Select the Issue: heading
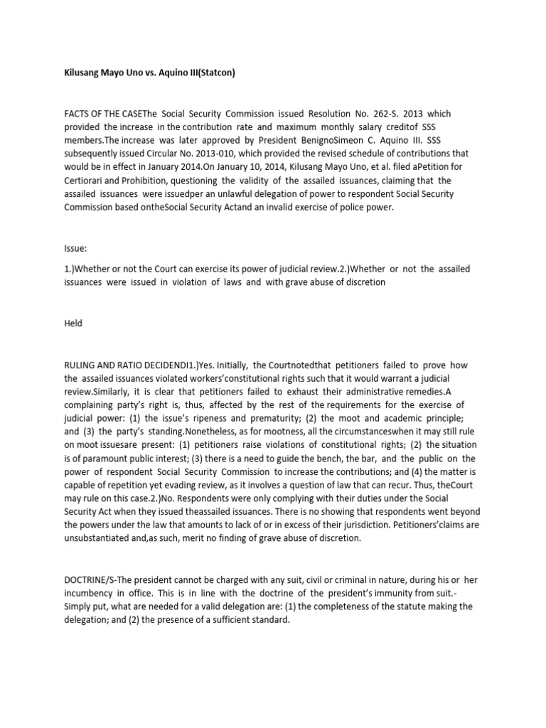(x=75, y=247)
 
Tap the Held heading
(x=73, y=323)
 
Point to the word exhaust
(x=311, y=391)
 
